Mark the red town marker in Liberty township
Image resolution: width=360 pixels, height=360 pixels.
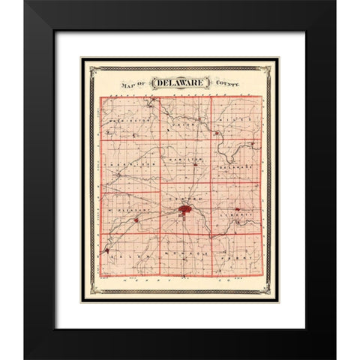coord(237,209)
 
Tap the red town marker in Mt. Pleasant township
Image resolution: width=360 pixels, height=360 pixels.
coord(135,220)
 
